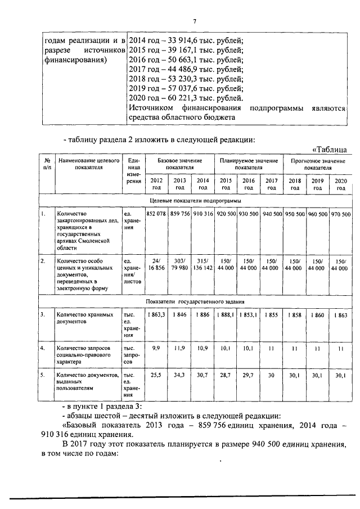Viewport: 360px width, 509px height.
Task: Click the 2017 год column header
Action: click(x=272, y=183)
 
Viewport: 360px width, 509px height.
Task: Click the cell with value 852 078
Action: click(x=156, y=215)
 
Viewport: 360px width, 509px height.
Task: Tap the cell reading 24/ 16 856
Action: click(x=156, y=265)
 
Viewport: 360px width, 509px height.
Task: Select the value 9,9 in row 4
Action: click(x=156, y=349)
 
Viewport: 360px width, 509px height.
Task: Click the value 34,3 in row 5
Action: click(x=179, y=375)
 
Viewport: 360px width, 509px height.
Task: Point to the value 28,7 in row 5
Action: click(x=226, y=375)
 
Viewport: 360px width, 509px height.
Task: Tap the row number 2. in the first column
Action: click(x=43, y=262)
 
